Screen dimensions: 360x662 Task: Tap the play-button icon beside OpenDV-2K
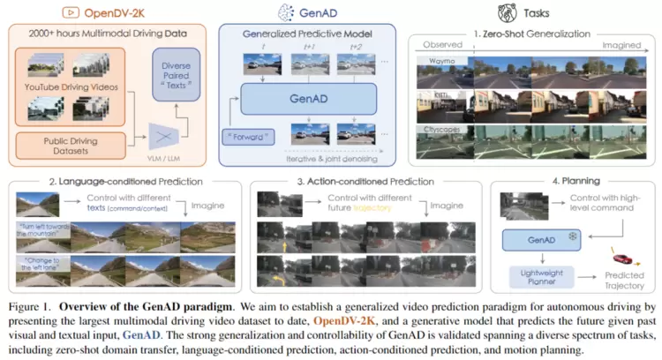click(x=69, y=12)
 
